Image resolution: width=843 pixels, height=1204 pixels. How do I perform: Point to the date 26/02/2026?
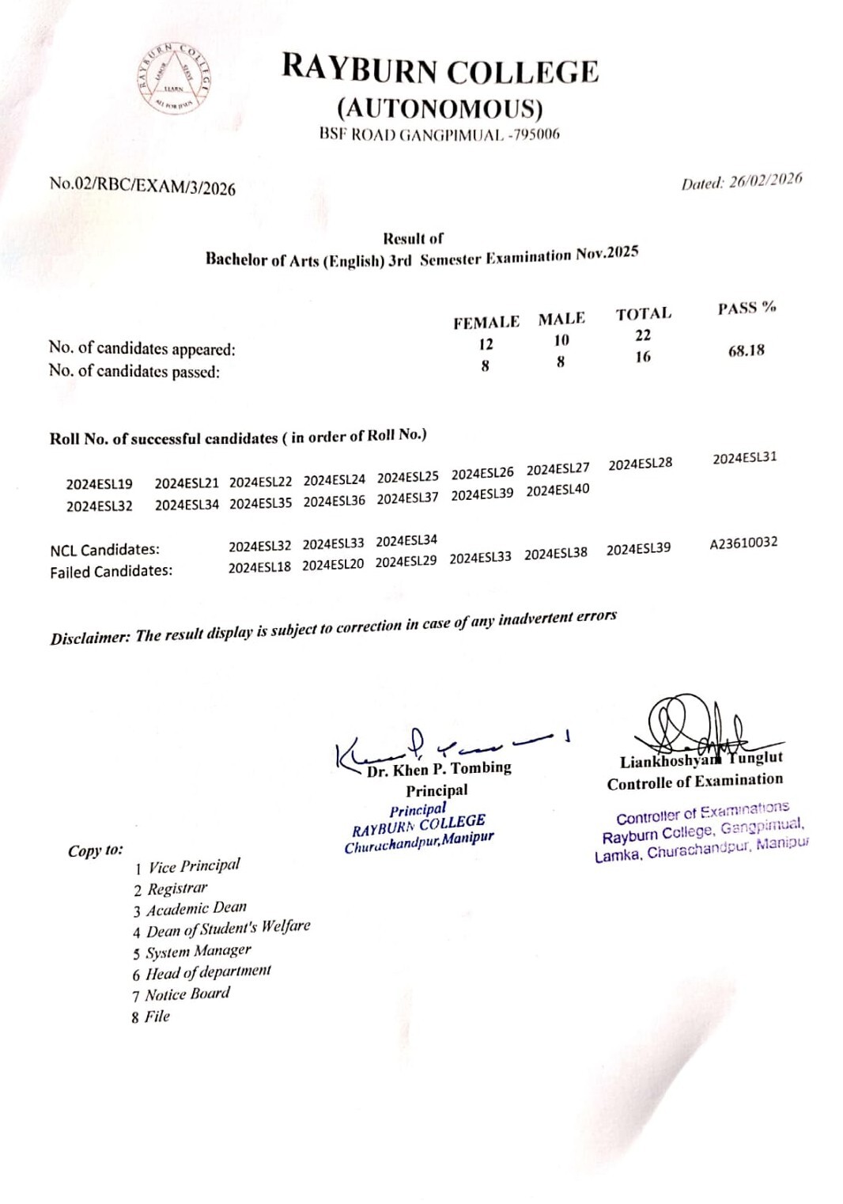pyautogui.click(x=765, y=180)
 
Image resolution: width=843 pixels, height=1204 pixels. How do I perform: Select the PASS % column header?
pyautogui.click(x=747, y=308)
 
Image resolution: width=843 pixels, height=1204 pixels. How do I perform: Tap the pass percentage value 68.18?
pyautogui.click(x=746, y=350)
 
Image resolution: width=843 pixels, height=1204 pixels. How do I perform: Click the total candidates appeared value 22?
pyautogui.click(x=643, y=335)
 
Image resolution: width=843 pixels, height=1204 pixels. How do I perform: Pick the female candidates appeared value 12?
pyautogui.click(x=486, y=344)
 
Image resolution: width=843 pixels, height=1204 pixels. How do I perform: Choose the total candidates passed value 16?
pyautogui.click(x=643, y=357)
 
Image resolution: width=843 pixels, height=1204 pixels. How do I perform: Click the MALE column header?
pyautogui.click(x=561, y=319)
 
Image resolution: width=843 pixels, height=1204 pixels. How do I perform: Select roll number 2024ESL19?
pyautogui.click(x=100, y=484)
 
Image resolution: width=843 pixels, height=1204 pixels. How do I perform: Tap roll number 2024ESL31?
pyautogui.click(x=744, y=458)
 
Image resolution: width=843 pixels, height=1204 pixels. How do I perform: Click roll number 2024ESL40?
pyautogui.click(x=558, y=490)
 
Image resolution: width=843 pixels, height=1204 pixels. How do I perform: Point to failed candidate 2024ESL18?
pyautogui.click(x=259, y=567)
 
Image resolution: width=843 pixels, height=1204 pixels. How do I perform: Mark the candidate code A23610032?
pyautogui.click(x=743, y=543)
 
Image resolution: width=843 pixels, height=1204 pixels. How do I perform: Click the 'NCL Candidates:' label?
pyautogui.click(x=104, y=550)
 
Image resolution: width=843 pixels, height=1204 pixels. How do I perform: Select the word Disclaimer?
pyautogui.click(x=89, y=638)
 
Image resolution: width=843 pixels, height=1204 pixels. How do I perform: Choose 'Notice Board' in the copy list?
pyautogui.click(x=187, y=994)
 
